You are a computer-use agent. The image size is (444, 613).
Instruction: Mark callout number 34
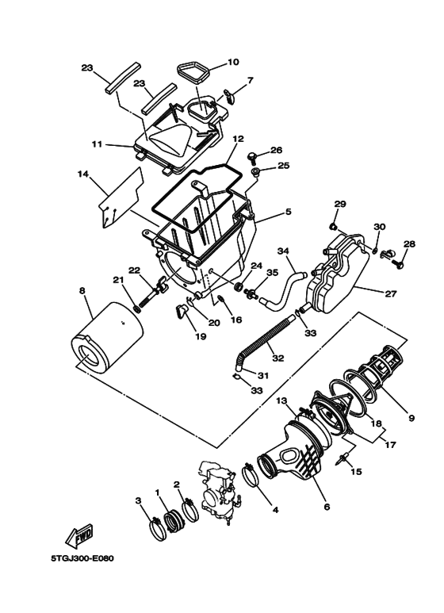(282, 251)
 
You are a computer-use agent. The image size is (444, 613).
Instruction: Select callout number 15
(355, 471)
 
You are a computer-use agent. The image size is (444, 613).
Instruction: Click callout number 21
(117, 279)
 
